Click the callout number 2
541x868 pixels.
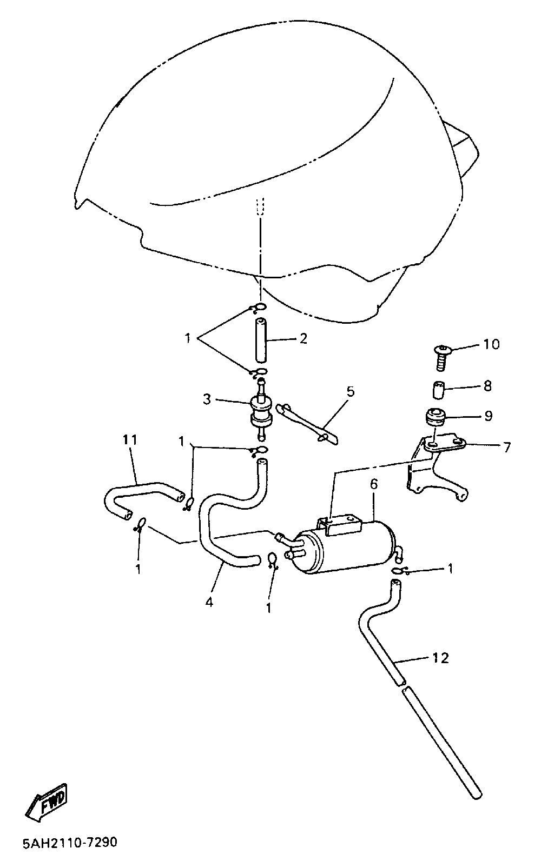pos(303,339)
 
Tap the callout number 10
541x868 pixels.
pos(491,344)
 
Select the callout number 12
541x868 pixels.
pos(441,658)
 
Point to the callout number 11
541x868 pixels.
pos(130,439)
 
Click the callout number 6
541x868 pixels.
pos(373,484)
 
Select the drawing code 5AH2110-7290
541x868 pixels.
pos(70,843)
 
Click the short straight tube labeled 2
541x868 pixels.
pos(260,341)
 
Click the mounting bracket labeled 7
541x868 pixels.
pos(438,468)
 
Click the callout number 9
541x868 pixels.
pos(488,416)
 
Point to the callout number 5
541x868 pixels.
pos(351,391)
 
